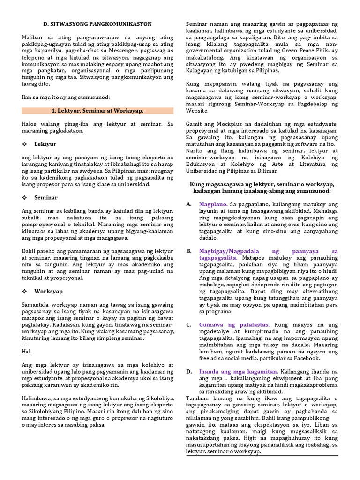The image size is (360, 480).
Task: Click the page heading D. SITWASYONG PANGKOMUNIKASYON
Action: pyautogui.click(x=97, y=24)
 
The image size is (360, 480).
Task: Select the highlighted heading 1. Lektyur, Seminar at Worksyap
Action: pyautogui.click(x=97, y=111)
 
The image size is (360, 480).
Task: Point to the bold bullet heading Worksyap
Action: pyautogui.click(x=48, y=291)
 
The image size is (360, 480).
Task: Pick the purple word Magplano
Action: pyautogui.click(x=213, y=204)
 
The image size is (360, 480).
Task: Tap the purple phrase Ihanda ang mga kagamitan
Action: pyautogui.click(x=238, y=371)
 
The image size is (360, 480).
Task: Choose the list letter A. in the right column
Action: pyautogui.click(x=188, y=204)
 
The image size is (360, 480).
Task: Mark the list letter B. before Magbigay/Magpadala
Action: pyautogui.click(x=188, y=251)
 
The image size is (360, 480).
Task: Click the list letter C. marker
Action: pyautogui.click(x=188, y=324)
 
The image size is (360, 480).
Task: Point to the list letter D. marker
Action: pyautogui.click(x=188, y=371)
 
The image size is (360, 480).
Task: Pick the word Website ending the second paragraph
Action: pyautogui.click(x=197, y=111)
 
